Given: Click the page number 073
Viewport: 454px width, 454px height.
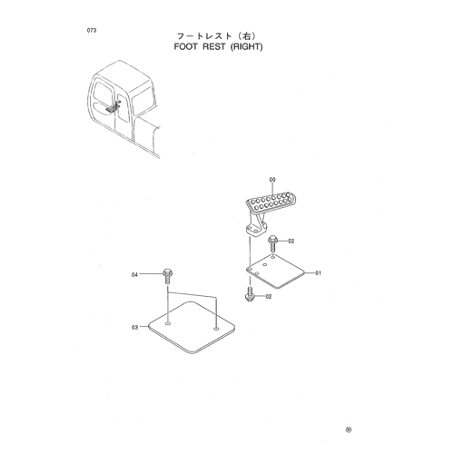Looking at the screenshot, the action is [92, 30].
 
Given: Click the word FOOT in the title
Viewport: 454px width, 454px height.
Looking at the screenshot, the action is [185, 47].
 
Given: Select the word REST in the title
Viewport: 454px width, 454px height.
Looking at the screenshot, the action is [214, 47].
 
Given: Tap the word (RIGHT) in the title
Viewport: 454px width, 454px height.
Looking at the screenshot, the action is [246, 47].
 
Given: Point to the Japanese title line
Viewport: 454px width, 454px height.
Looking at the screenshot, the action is [217, 36].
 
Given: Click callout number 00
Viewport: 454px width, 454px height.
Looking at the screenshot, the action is [272, 180].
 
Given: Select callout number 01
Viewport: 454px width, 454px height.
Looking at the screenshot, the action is [318, 273].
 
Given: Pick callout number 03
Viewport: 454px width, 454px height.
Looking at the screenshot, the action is [134, 327].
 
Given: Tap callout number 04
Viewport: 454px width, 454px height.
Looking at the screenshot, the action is [134, 274].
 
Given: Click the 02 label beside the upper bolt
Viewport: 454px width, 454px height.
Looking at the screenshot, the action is [291, 242].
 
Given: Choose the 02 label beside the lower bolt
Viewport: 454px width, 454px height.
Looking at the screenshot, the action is [269, 297].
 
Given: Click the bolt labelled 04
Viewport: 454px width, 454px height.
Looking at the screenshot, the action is [167, 276].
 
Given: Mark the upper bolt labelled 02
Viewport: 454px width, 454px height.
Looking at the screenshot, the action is [272, 244].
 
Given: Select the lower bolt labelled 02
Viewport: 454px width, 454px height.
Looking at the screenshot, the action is [249, 294].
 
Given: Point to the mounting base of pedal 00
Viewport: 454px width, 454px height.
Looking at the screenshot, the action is [256, 229].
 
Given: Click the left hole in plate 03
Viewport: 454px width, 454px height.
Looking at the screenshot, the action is [168, 324].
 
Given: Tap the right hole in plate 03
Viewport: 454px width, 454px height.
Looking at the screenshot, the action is [216, 329].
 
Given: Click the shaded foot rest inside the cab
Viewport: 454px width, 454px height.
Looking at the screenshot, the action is [113, 107].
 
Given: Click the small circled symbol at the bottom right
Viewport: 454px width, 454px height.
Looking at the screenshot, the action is [349, 429].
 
